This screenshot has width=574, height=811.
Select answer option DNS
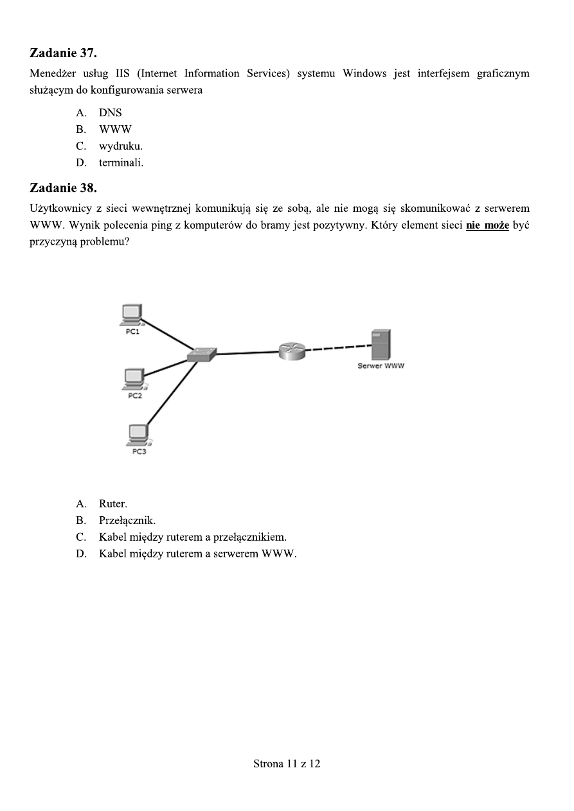click(110, 112)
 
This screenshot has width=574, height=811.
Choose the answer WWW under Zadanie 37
click(115, 129)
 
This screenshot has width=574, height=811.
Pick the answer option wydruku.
click(120, 146)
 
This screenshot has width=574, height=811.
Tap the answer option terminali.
click(121, 162)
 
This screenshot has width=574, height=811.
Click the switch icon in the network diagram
click(201, 354)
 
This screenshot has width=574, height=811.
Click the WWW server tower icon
click(381, 345)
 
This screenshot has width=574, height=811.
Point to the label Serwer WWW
click(381, 366)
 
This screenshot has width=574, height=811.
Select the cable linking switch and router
click(247, 353)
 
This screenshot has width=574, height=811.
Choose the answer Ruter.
click(112, 503)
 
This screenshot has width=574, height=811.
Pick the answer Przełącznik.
click(127, 520)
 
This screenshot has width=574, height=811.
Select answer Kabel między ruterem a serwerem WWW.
click(197, 554)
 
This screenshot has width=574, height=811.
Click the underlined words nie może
click(487, 226)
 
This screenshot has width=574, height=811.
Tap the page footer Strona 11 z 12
click(287, 763)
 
